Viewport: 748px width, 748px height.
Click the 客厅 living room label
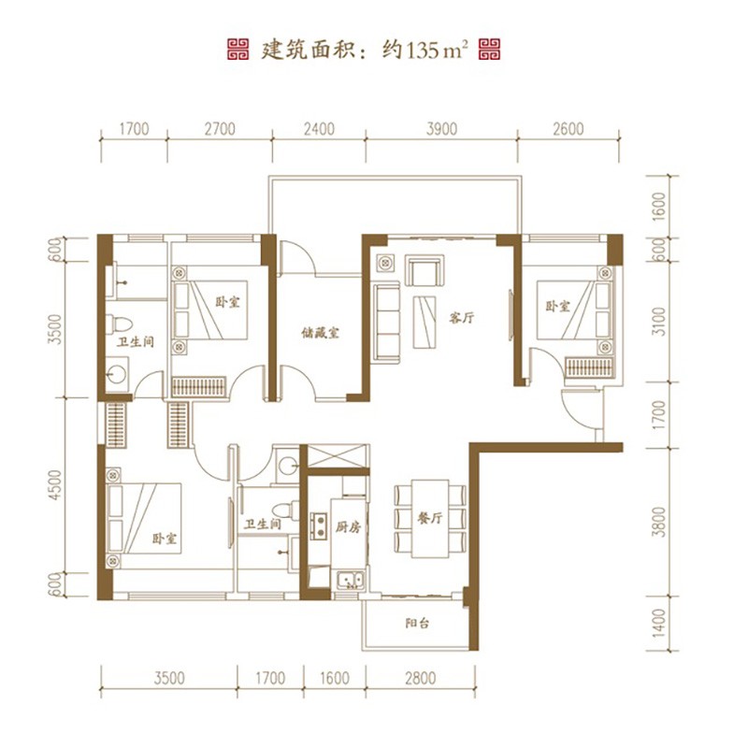pyautogui.click(x=461, y=318)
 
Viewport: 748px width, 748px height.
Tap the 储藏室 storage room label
pyautogui.click(x=320, y=333)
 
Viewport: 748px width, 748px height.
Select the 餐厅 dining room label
pyautogui.click(x=430, y=518)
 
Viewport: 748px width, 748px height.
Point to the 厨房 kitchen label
pyautogui.click(x=348, y=527)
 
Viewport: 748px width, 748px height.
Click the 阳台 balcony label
pyautogui.click(x=417, y=623)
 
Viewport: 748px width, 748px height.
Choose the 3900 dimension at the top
pyautogui.click(x=441, y=129)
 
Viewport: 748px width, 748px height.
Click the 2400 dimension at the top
pyautogui.click(x=319, y=129)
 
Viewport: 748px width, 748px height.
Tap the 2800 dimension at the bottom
pyautogui.click(x=420, y=678)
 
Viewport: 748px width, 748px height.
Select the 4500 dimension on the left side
pyautogui.click(x=56, y=484)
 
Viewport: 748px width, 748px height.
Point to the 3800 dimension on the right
pyautogui.click(x=659, y=522)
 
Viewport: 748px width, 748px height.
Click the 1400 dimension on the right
pyautogui.click(x=659, y=622)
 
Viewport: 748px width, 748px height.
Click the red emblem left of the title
pyautogui.click(x=237, y=50)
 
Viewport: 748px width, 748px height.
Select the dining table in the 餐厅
pyautogui.click(x=430, y=519)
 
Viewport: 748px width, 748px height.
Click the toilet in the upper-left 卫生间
pyautogui.click(x=119, y=324)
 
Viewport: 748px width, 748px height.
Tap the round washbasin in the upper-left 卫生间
pyautogui.click(x=116, y=374)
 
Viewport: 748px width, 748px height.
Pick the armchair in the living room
pyautogui.click(x=424, y=270)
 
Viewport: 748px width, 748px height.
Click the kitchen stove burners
pyautogui.click(x=318, y=525)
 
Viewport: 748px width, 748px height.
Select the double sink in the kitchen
pyautogui.click(x=351, y=579)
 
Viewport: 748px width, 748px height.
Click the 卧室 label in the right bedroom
pyautogui.click(x=557, y=306)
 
